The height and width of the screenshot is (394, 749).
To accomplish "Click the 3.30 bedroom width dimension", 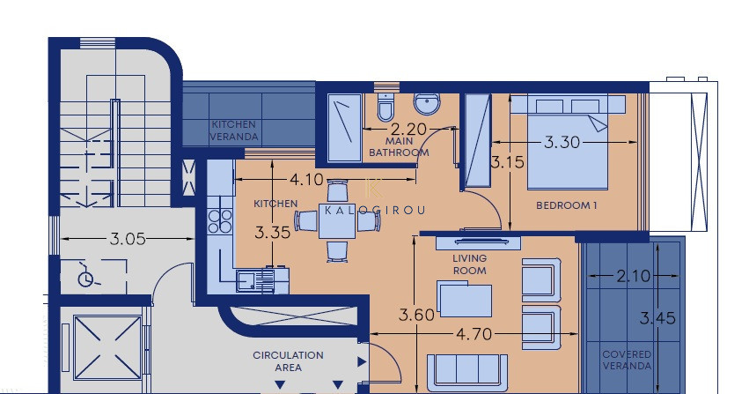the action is click(562, 142).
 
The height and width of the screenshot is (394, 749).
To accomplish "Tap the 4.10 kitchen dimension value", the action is click(306, 179).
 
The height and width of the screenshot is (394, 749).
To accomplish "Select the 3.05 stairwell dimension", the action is click(128, 239).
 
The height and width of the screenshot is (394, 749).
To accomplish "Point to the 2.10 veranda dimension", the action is click(634, 276).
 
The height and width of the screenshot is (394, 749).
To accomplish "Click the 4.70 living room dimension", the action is click(474, 334).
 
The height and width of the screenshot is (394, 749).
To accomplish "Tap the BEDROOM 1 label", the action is click(567, 205).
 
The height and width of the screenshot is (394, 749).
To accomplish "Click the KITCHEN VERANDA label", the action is click(233, 130).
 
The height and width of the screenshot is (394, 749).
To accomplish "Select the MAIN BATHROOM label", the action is click(399, 147).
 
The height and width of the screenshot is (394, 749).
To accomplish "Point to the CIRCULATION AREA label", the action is click(288, 361).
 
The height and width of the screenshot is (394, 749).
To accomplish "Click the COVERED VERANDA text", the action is click(627, 360).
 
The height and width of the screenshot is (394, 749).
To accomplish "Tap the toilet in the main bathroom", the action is click(385, 108).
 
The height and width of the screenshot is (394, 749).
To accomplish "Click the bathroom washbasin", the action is click(427, 104).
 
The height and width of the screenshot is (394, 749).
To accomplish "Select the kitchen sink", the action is click(255, 280).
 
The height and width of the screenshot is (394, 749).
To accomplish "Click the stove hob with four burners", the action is click(220, 220).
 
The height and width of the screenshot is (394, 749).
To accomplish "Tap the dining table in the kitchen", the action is click(337, 221).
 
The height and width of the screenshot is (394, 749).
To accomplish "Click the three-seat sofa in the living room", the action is click(467, 373).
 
